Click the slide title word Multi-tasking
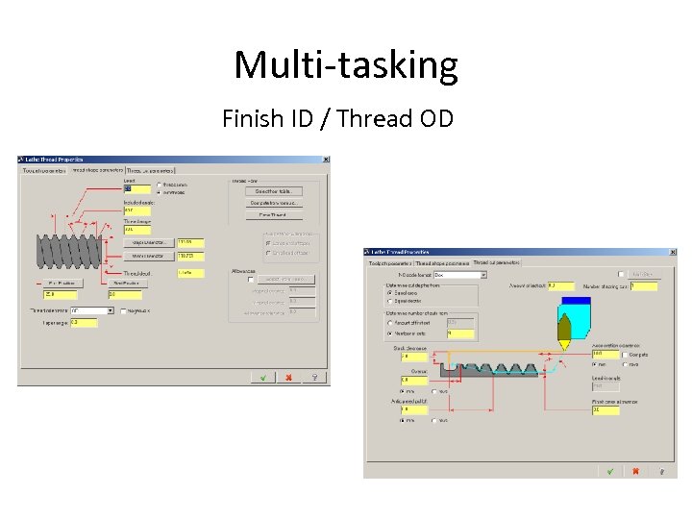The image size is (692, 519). pyautogui.click(x=346, y=65)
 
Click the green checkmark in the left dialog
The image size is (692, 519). pyautogui.click(x=263, y=378)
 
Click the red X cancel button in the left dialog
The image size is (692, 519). pyautogui.click(x=287, y=378)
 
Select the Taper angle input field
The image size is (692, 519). pyautogui.click(x=84, y=323)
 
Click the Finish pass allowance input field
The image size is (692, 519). pyautogui.click(x=607, y=410)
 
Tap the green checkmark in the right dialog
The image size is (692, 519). pyautogui.click(x=609, y=471)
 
